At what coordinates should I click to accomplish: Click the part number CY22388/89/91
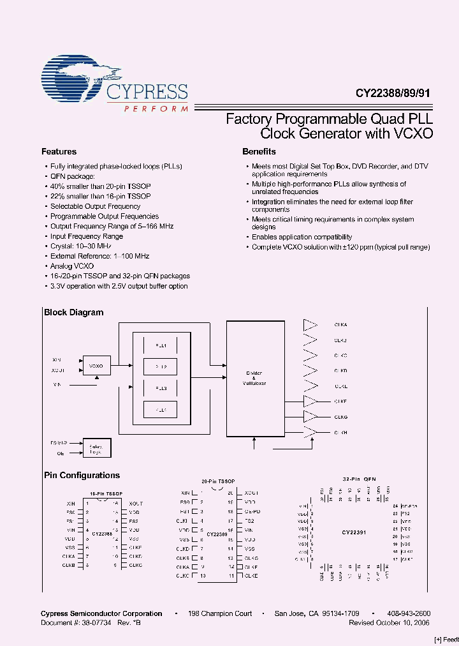pos(393,92)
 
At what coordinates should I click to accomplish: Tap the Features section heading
pos(59,152)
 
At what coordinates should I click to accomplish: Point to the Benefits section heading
pos(259,152)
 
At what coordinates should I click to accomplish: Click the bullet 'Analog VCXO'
pos(72,266)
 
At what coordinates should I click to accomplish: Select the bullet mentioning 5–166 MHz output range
pos(112,226)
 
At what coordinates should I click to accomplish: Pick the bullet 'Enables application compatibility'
pos(302,237)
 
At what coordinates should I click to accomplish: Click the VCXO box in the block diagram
pos(96,366)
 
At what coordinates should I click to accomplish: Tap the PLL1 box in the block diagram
pos(161,345)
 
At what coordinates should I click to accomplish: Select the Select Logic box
pos(96,449)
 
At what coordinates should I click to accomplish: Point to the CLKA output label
pos(340,325)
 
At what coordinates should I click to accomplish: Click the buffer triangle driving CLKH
pos(310,432)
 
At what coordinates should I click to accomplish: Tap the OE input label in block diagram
pos(60,453)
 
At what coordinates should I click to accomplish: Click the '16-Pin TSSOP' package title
pos(106,494)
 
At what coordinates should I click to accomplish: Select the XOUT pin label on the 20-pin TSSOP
pos(251,493)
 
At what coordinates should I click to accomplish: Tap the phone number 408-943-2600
pos(409,613)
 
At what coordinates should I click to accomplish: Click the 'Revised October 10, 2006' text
pos(389,622)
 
